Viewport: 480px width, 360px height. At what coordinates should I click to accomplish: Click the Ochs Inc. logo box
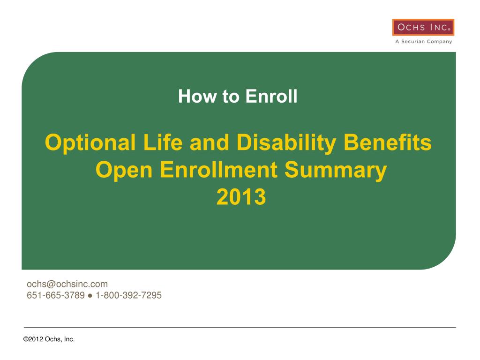click(423, 27)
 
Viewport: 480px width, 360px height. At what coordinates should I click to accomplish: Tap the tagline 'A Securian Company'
click(424, 41)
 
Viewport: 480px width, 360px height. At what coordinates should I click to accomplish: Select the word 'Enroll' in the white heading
click(271, 96)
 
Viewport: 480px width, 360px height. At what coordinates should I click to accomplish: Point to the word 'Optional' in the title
click(90, 143)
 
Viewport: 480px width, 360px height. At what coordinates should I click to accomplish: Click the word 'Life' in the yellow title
click(163, 142)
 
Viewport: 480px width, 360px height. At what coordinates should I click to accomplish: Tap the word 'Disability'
click(286, 143)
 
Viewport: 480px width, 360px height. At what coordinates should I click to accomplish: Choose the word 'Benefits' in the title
click(388, 142)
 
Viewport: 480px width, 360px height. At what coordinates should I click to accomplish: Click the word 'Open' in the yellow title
click(124, 170)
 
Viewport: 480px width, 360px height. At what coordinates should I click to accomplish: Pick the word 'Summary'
click(336, 170)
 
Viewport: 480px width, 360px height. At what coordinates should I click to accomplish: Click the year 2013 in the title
click(241, 196)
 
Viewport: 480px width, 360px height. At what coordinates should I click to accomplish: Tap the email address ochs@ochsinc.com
click(67, 284)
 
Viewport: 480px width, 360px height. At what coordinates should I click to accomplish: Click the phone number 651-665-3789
click(56, 295)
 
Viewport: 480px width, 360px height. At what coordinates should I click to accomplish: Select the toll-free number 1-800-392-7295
click(128, 295)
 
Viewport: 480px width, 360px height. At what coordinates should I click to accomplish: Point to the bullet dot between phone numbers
click(90, 296)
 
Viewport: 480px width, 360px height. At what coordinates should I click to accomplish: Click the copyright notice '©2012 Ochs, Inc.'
click(49, 339)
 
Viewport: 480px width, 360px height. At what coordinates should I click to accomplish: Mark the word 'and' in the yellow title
click(210, 142)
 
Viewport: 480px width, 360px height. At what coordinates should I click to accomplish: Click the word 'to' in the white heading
click(231, 97)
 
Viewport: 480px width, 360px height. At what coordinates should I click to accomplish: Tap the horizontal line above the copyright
click(240, 327)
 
